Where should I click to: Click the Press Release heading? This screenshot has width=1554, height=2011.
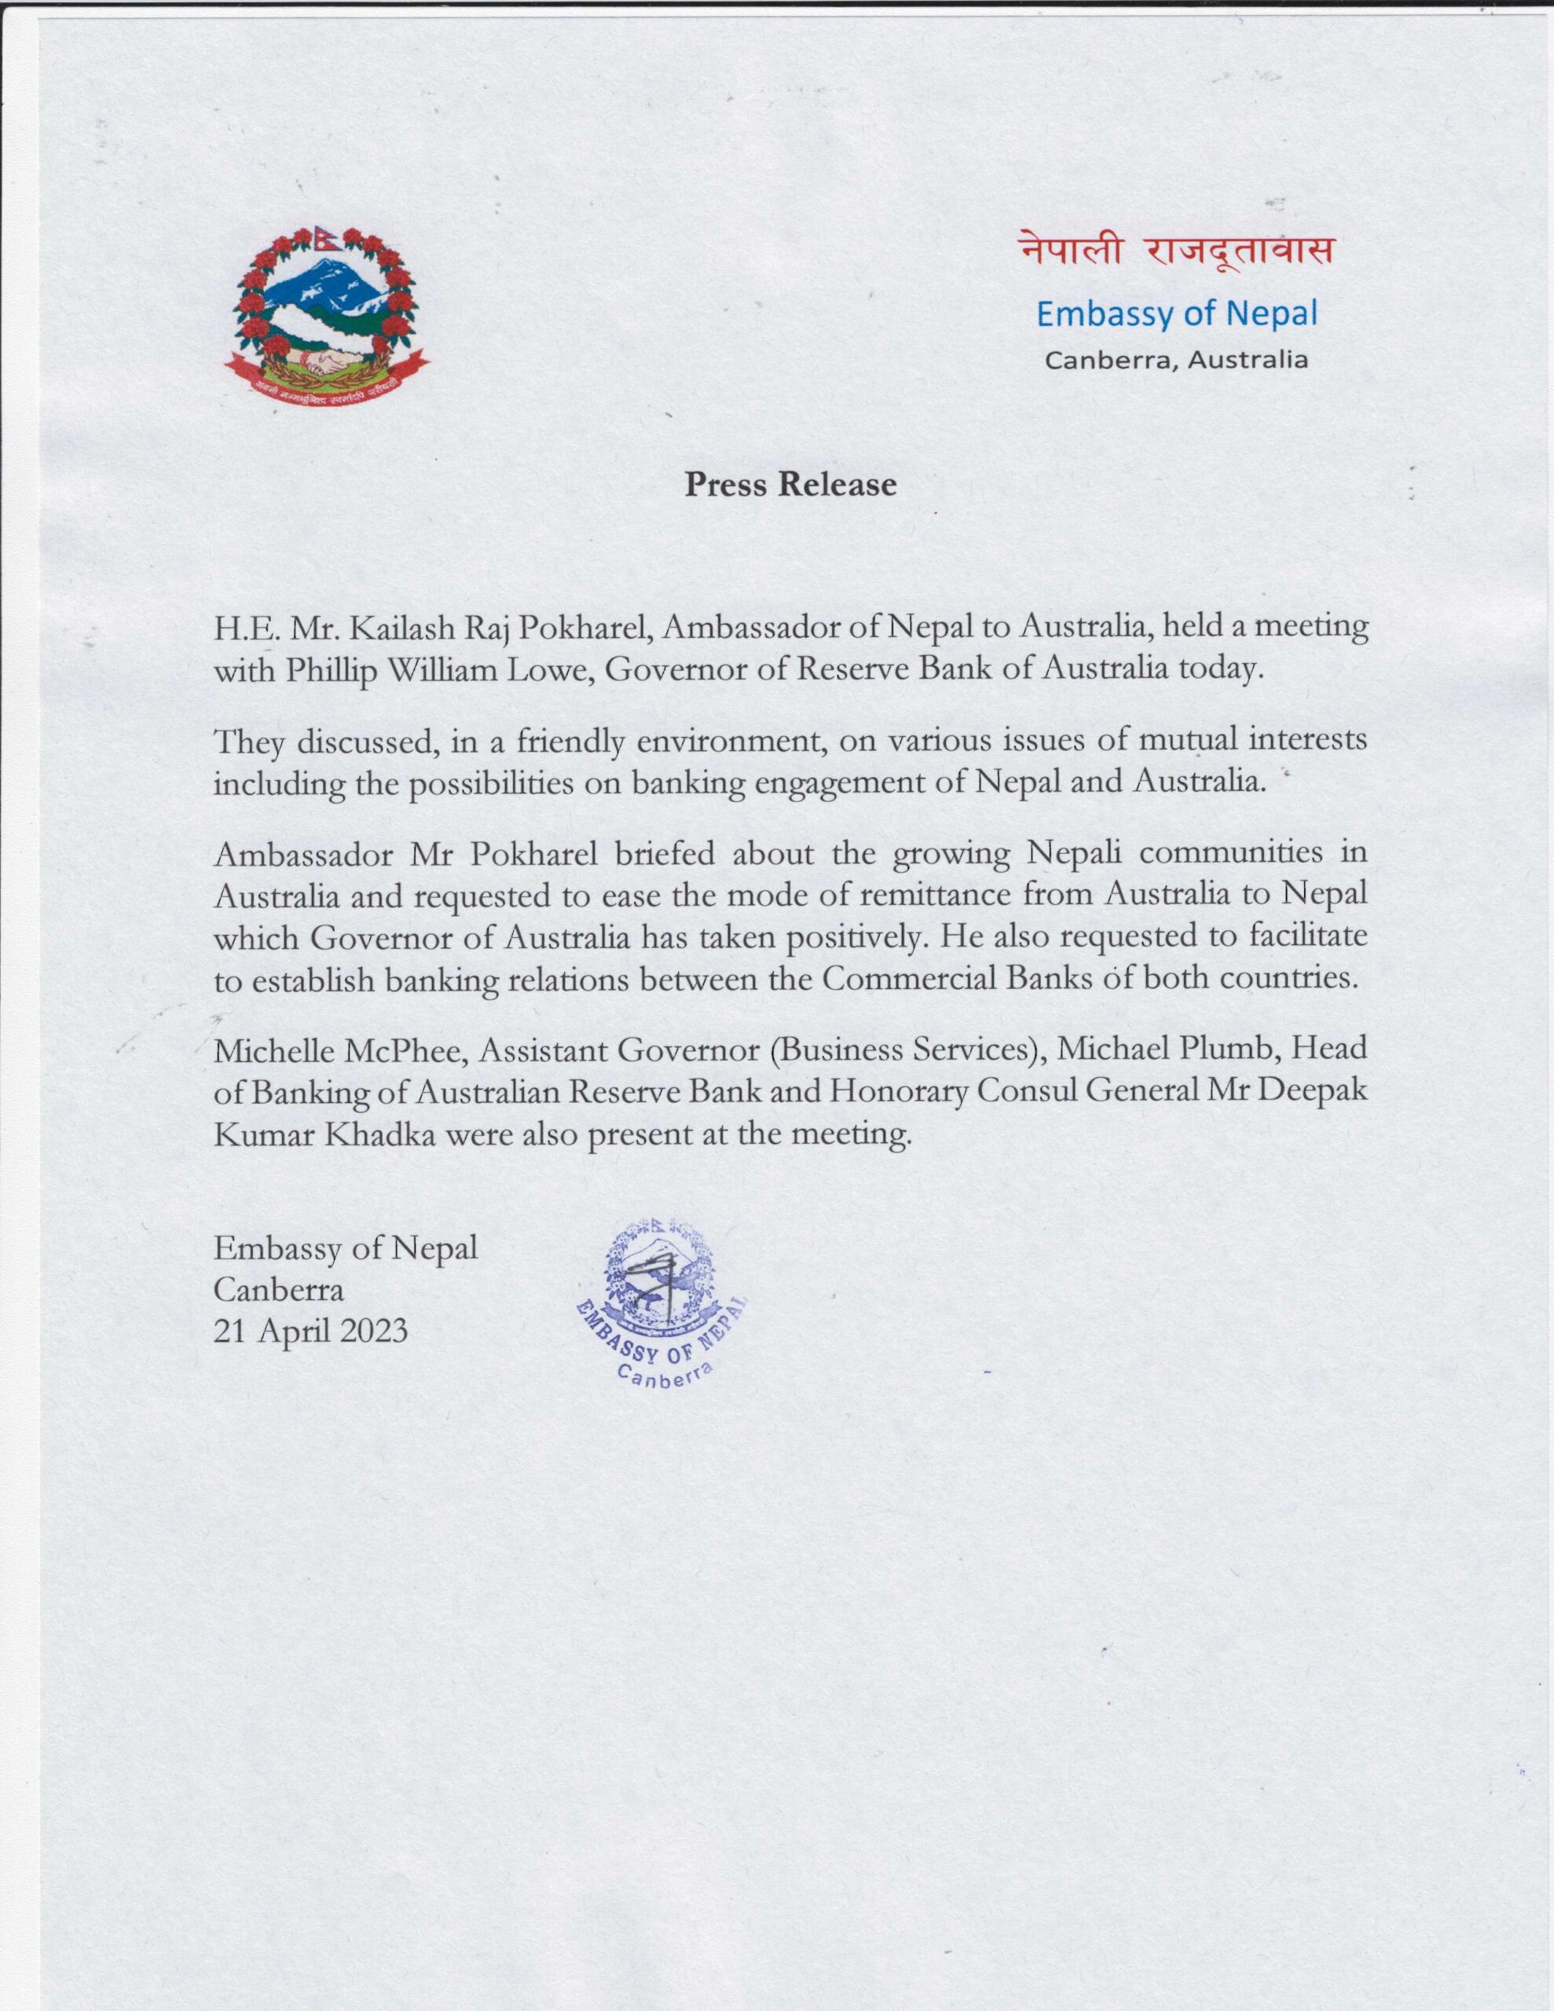(790, 485)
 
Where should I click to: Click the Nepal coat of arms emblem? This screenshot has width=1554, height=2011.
(327, 313)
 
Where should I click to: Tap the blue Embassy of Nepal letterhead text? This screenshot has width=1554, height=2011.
(1176, 314)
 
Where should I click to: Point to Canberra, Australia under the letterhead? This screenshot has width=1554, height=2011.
(1176, 359)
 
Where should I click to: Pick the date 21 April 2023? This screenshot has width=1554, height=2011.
(310, 1331)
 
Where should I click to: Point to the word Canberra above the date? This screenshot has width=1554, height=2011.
(279, 1289)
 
